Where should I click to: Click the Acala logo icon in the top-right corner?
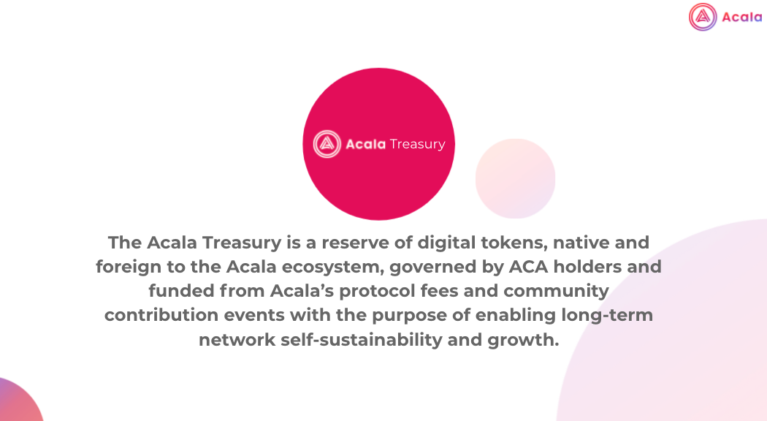[703, 17]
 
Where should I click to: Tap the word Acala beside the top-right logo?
[742, 17]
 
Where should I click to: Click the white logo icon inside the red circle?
[327, 144]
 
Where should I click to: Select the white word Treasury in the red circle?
[417, 145]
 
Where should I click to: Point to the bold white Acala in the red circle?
[366, 144]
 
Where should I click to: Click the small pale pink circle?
[516, 178]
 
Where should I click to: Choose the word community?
[556, 292]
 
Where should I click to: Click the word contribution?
[161, 315]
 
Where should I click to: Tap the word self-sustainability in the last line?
[362, 340]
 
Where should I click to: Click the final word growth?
[523, 340]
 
